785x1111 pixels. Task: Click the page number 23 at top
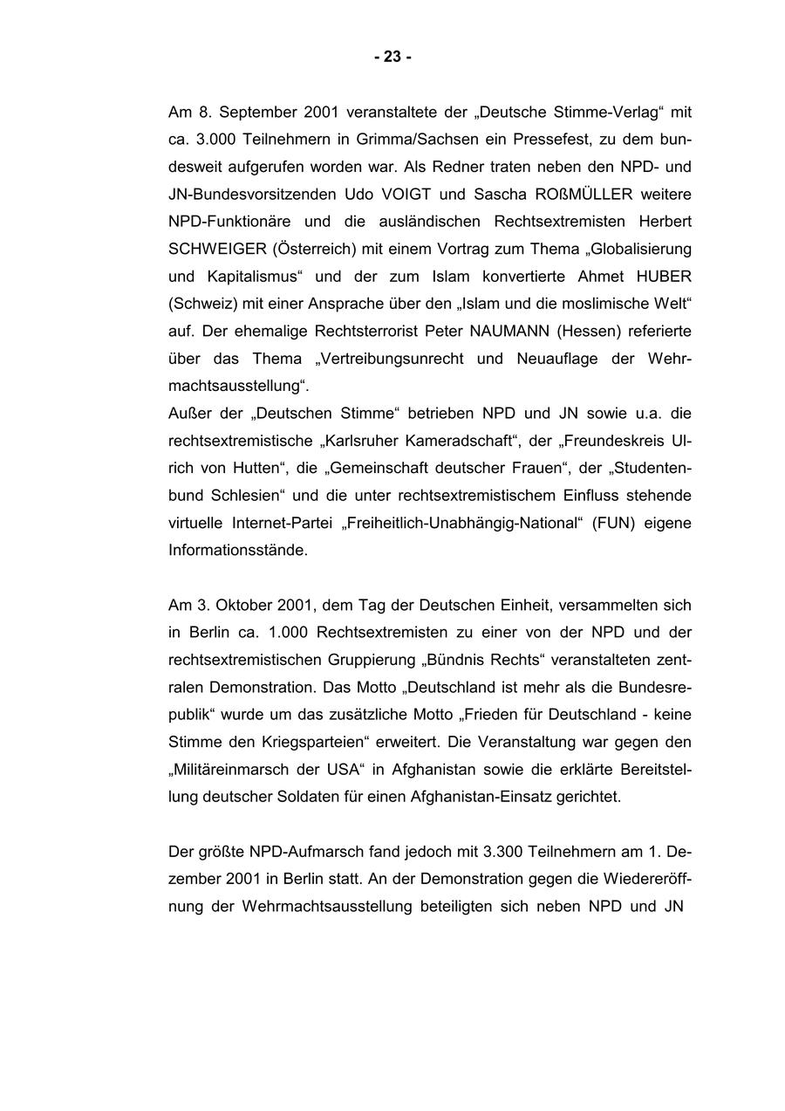click(x=392, y=57)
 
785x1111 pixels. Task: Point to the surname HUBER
click(x=661, y=277)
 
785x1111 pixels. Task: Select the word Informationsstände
click(x=237, y=551)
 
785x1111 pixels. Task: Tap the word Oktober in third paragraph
click(x=242, y=605)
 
